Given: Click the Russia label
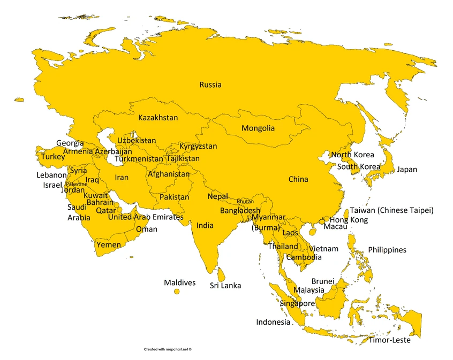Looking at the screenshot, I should pos(210,85).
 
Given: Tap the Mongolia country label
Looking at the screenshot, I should pos(258,128).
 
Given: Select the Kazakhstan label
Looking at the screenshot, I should pos(158,117).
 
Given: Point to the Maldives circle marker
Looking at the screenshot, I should pos(177,291).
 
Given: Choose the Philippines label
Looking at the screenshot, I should pos(387,250).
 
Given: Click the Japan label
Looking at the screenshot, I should pos(406,170).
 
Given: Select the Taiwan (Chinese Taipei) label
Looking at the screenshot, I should pos(391,210).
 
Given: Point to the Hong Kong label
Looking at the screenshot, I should pos(349,220).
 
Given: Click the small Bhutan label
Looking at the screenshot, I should pos(245,201).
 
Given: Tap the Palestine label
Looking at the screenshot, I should pos(77,184).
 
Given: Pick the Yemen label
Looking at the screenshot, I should pos(108,245).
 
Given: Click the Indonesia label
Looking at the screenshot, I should pos(273,322).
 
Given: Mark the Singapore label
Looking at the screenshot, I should pos(297,303).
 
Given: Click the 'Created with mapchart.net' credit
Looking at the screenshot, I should pos(168,349).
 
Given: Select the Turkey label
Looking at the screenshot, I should pos(53,157).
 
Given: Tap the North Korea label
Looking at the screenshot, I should pos(352,155).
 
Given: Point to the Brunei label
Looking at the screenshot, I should pos(323,281).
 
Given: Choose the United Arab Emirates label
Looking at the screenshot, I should pos(146,217).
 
